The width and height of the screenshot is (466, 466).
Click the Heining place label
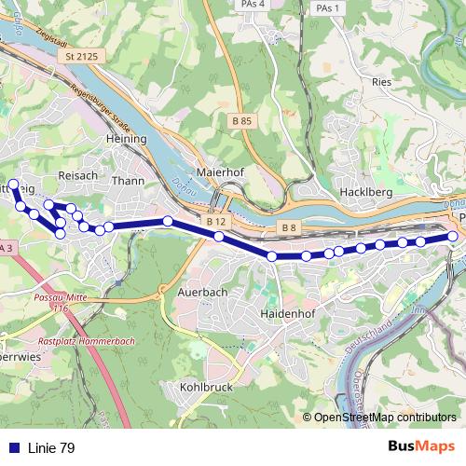(x=128, y=138)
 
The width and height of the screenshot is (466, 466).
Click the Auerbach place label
(x=202, y=292)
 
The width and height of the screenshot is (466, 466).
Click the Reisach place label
(x=77, y=175)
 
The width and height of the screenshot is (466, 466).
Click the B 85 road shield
(x=241, y=121)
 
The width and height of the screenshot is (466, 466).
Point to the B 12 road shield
(x=216, y=222)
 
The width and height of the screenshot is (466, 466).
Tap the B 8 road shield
(x=288, y=228)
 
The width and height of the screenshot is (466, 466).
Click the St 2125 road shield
(x=82, y=58)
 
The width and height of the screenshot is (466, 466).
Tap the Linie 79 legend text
(x=51, y=448)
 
